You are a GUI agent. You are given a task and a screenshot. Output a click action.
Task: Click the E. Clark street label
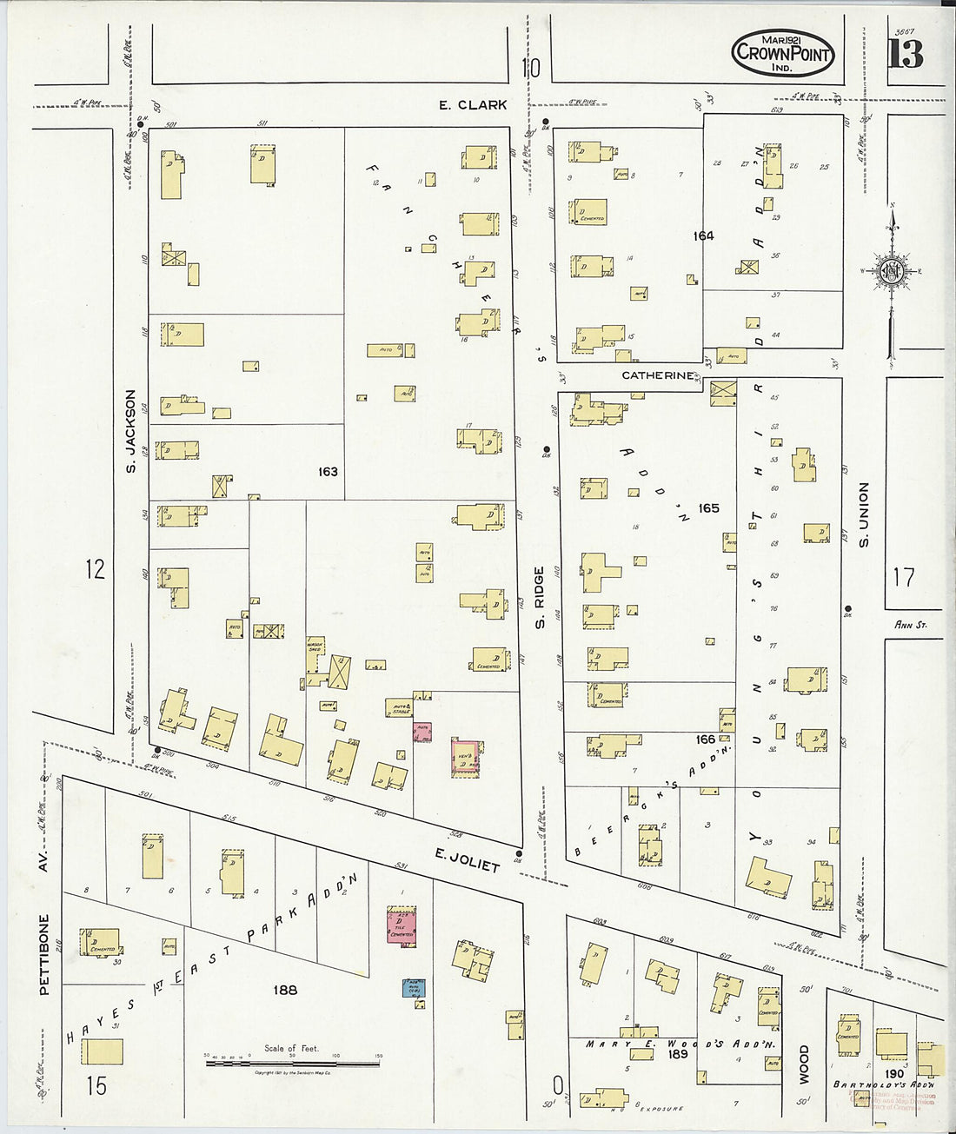coord(472,105)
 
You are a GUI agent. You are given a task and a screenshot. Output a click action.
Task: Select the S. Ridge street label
coord(539,598)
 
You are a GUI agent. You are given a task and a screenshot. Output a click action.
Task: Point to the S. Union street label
coord(864,514)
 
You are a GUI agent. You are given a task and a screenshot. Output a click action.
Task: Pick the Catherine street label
coord(658,375)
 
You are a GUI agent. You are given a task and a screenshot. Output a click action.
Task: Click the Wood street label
coord(803,1064)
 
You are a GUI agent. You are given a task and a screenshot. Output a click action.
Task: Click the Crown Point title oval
coord(782,55)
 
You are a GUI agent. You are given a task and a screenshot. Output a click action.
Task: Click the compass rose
coord(892,271)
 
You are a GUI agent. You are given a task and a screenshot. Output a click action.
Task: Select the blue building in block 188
coord(413,987)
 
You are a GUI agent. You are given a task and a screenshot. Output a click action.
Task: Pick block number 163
coord(328,472)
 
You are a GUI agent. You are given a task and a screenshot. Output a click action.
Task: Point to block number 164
coord(703,235)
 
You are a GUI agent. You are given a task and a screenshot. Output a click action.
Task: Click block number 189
coord(677,1054)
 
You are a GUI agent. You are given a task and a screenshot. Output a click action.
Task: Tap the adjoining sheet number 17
coord(904,577)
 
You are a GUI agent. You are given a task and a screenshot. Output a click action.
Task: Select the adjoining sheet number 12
coord(95,569)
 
